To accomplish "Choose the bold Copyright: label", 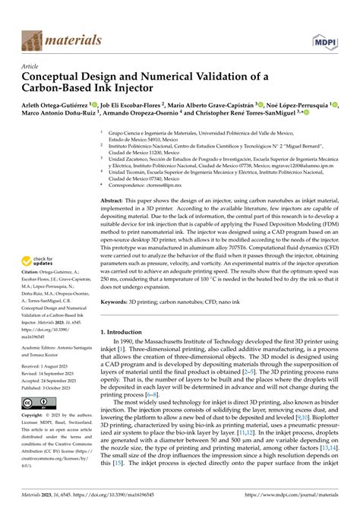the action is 34,416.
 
